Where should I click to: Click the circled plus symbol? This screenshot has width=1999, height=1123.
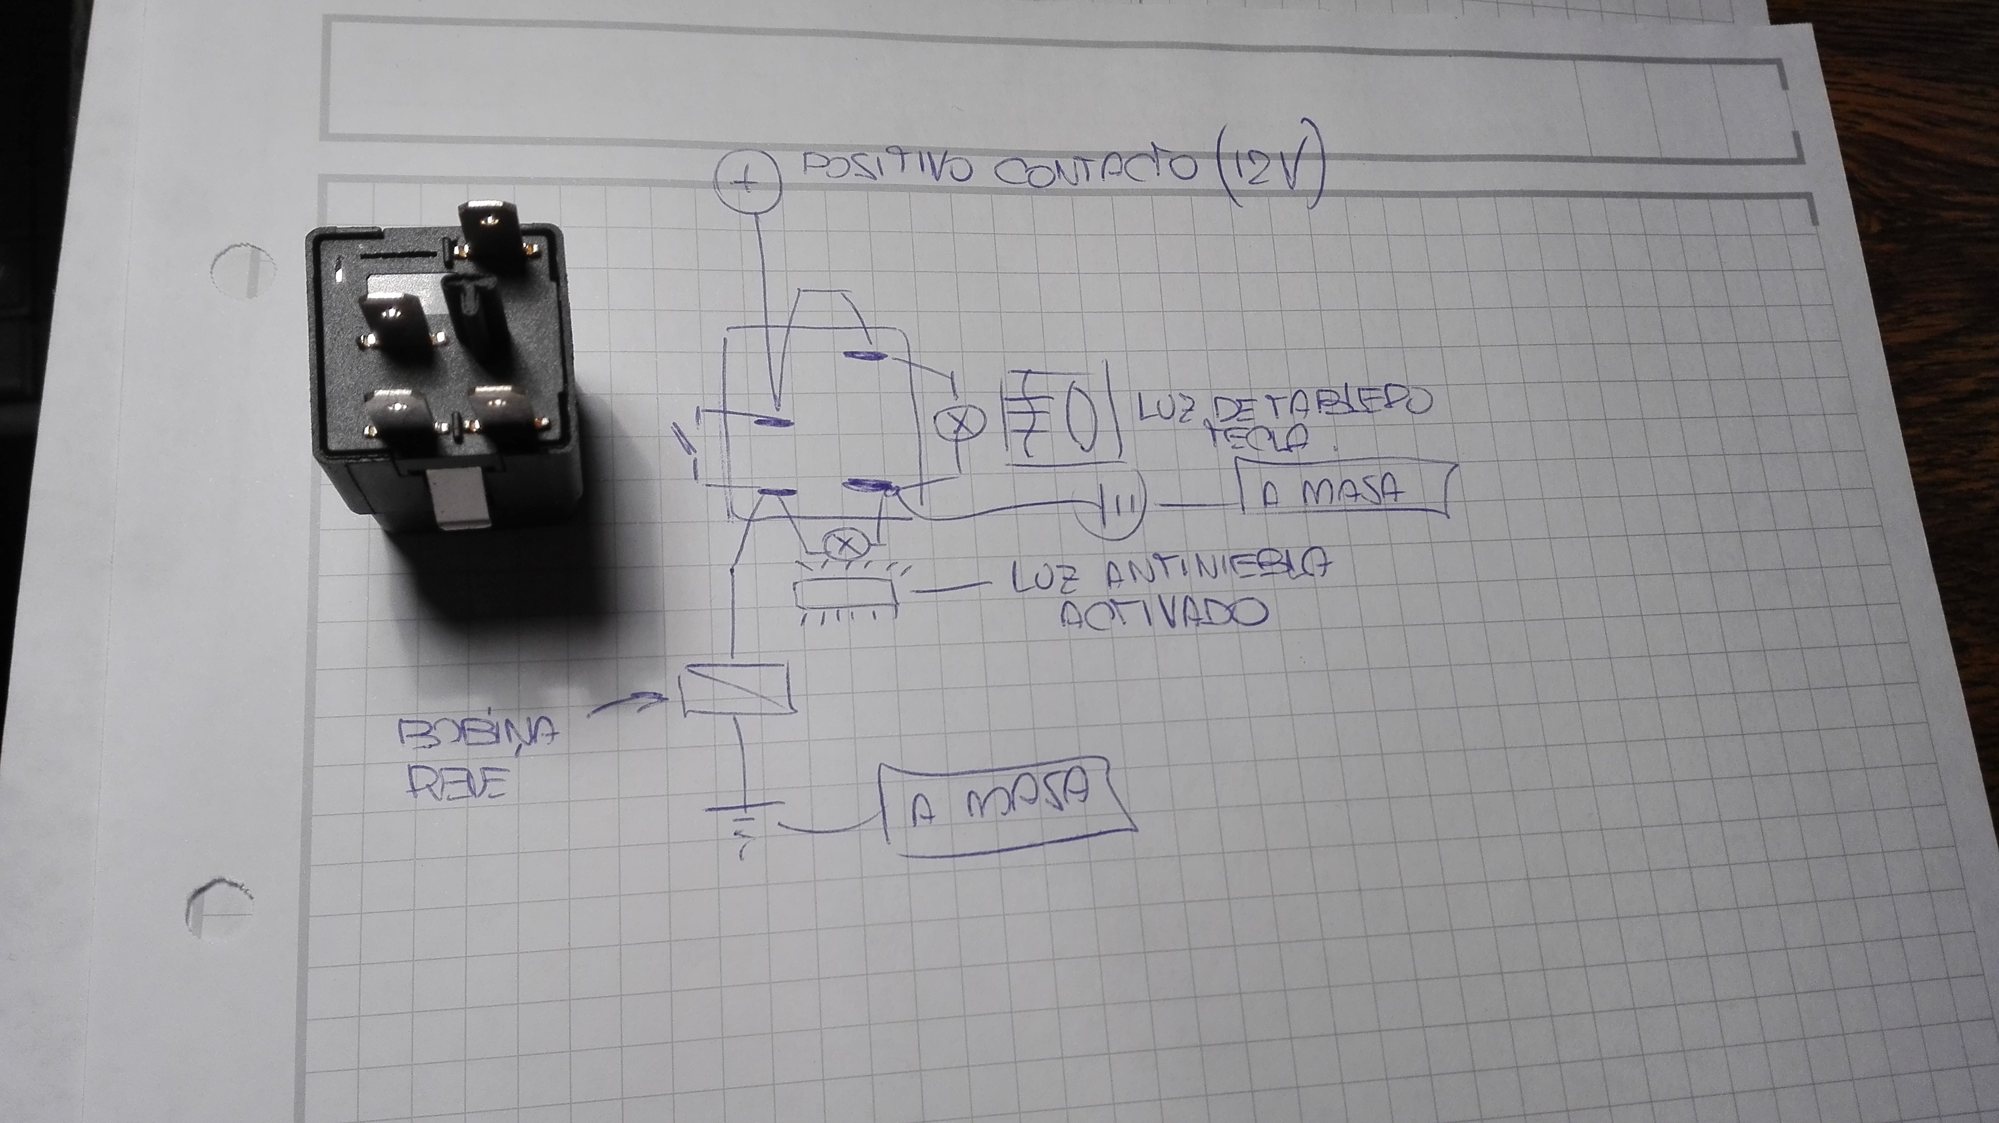coord(747,182)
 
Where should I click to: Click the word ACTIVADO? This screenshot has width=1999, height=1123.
coord(1164,615)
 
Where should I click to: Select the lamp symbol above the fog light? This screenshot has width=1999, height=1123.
coord(846,544)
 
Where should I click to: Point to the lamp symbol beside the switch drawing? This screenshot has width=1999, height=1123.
coord(959,424)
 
